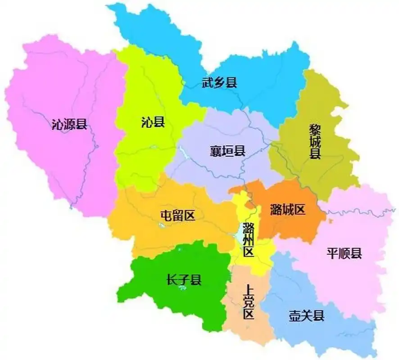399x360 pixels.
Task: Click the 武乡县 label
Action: point(219,82)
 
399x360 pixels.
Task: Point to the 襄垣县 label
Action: point(227,151)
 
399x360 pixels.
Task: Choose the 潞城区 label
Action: point(288,209)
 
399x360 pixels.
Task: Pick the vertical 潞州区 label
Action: point(248,239)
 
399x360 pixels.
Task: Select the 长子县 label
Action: point(184,280)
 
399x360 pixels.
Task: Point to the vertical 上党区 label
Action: point(248,301)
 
